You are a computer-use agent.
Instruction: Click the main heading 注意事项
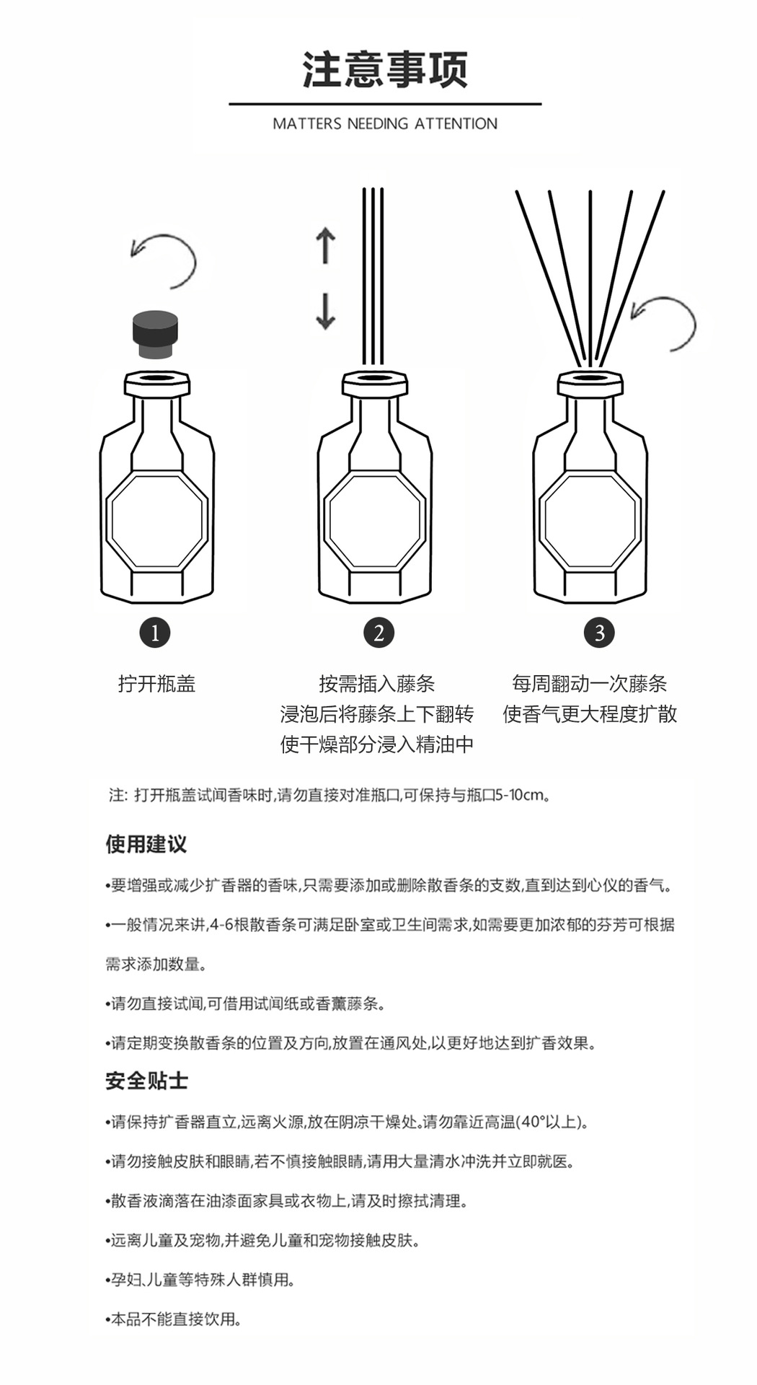[385, 70]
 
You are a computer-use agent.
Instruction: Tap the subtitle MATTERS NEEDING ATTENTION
[385, 124]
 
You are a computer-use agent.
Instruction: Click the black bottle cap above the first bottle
[156, 335]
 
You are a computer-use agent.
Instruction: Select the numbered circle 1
[155, 633]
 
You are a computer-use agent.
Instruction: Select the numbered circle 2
[378, 633]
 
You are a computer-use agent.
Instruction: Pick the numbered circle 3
[599, 633]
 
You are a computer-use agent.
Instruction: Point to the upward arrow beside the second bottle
[326, 245]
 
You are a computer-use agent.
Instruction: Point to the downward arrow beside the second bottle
[326, 311]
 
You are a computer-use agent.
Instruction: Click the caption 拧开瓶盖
[156, 684]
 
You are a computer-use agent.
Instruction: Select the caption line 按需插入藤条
[377, 684]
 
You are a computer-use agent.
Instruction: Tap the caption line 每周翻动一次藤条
[589, 684]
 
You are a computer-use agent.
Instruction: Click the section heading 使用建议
[146, 844]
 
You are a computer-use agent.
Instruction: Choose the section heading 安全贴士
[146, 1081]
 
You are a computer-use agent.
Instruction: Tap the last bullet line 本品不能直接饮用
[175, 1319]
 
